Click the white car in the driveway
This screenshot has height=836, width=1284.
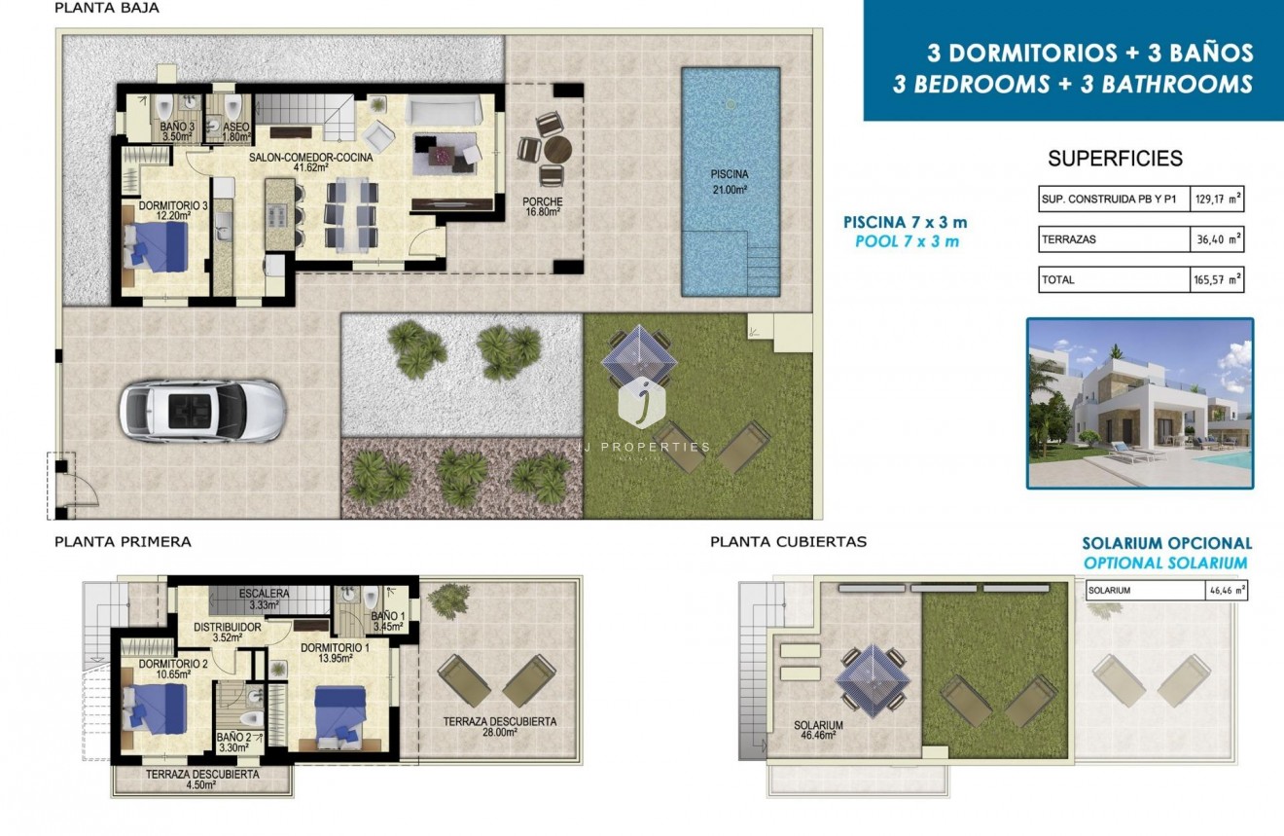(x=201, y=410)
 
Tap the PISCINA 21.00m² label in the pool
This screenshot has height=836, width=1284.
(x=729, y=182)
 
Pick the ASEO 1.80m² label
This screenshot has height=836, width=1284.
(x=236, y=131)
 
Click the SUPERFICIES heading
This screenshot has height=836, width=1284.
(x=1114, y=159)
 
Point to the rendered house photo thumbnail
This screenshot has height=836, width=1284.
(x=1140, y=402)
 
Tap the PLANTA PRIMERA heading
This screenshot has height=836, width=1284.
(x=123, y=541)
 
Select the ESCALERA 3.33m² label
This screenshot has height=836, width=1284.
(x=265, y=598)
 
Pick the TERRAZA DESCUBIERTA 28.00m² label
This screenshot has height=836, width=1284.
(x=499, y=727)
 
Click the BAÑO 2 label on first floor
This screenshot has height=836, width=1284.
(x=234, y=743)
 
